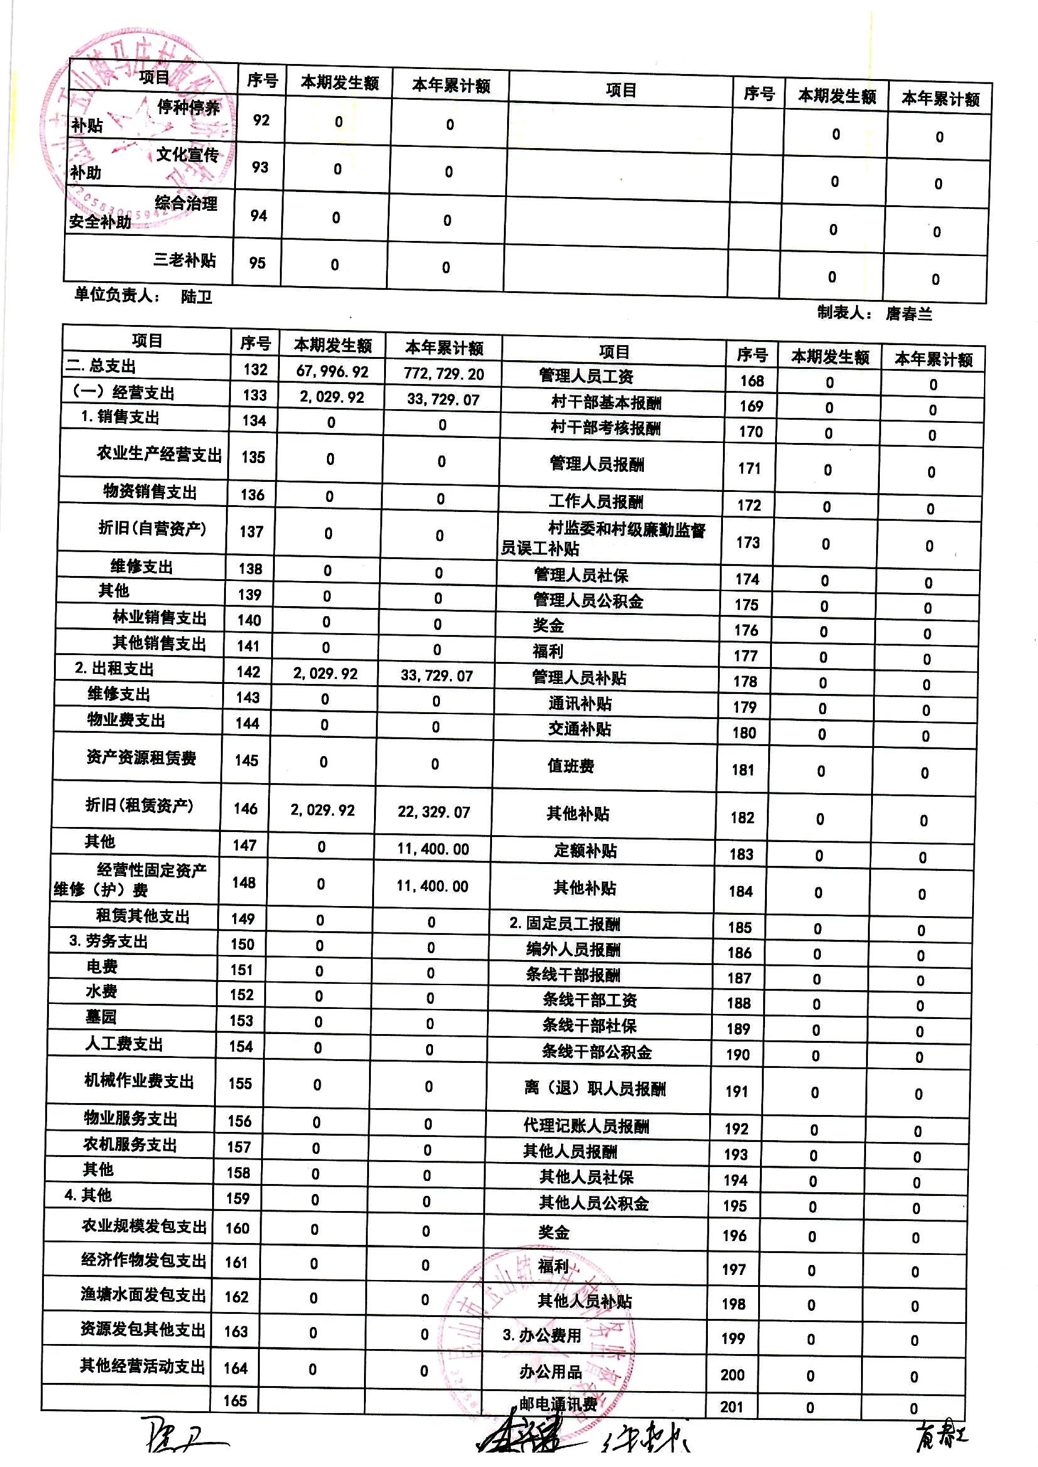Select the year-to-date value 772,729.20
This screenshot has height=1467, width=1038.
444,374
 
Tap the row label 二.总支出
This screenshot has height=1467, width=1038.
102,366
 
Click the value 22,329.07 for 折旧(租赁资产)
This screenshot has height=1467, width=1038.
434,812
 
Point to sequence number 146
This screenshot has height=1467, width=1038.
245,808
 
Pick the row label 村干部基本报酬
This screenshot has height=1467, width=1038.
606,403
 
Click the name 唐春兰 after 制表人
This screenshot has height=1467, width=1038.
908,314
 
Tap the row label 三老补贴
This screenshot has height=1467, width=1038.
185,260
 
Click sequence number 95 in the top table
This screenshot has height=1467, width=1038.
257,263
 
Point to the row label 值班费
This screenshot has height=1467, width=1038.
570,766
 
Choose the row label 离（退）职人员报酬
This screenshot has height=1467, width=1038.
594,1088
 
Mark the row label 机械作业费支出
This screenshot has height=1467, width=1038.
139,1080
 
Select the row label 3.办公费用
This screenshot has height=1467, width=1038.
542,1335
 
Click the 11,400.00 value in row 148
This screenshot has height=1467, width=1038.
432,886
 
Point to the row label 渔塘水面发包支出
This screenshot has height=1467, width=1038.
143,1294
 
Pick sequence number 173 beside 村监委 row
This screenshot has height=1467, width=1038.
748,543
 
